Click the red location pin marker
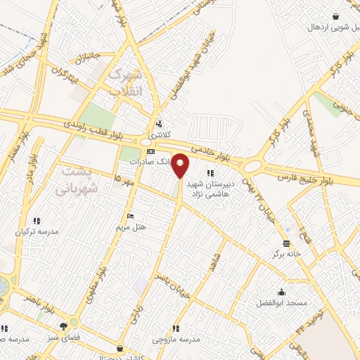pos(181,165)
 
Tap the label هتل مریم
pos(130,228)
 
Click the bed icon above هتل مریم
pos(130,216)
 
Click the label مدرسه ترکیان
pos(37,231)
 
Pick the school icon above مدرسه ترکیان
pos(37,220)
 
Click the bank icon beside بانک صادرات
pos(150,151)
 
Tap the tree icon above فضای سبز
pos(64,326)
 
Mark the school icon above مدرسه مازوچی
pos(176,328)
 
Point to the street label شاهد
pos(216,264)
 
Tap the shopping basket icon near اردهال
pos(336,16)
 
